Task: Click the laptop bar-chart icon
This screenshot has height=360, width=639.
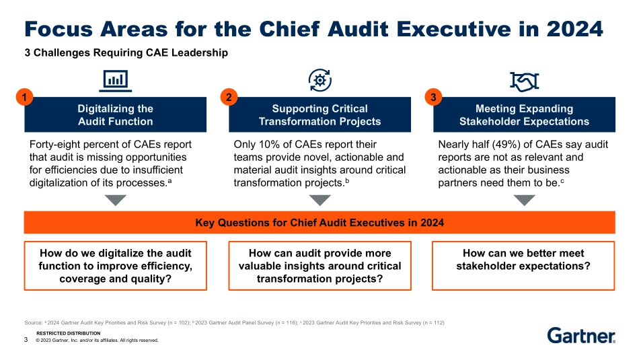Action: click(x=115, y=81)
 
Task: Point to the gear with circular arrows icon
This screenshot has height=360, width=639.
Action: click(x=319, y=80)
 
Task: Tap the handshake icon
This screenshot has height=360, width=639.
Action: click(x=524, y=81)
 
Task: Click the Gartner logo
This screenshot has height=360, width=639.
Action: click(x=580, y=336)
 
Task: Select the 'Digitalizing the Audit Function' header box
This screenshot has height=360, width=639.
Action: click(x=115, y=115)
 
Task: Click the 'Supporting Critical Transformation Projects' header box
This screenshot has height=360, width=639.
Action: click(x=319, y=115)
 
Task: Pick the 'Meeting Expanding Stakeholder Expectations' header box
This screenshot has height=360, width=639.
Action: click(x=524, y=115)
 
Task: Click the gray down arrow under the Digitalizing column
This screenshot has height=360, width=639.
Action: click(x=115, y=200)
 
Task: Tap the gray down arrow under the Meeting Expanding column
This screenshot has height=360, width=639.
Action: click(x=524, y=200)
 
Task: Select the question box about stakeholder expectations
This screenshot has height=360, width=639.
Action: click(x=524, y=265)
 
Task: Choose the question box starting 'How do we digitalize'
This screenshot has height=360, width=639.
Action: click(x=115, y=265)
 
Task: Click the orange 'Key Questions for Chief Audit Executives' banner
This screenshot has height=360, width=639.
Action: click(x=319, y=222)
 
